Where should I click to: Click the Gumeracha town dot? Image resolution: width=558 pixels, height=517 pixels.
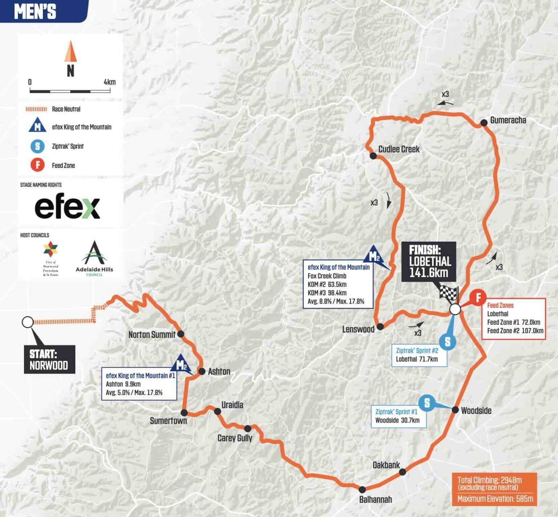click(x=484, y=123)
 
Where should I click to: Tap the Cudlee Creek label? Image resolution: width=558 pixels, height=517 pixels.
click(x=399, y=149)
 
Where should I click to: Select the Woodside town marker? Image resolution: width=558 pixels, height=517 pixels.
click(x=455, y=410)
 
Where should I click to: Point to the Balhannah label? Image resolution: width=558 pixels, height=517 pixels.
click(x=375, y=500)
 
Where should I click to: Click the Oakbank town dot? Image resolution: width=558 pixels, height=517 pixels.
click(x=403, y=472)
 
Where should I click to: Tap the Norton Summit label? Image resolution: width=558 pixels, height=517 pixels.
click(x=152, y=335)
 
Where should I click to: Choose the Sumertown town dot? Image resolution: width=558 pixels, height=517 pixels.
click(x=184, y=413)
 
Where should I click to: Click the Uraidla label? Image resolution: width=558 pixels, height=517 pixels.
click(x=232, y=405)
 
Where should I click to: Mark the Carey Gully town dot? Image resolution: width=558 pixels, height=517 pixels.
click(x=247, y=429)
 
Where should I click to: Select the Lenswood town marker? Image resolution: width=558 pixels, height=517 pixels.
click(x=380, y=327)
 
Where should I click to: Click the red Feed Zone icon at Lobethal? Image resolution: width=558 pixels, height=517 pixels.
click(x=478, y=298)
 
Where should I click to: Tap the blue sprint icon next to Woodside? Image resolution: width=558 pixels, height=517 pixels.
click(x=427, y=403)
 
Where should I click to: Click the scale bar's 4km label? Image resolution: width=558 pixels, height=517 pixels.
click(x=109, y=82)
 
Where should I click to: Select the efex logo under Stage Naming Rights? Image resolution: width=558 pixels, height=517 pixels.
click(x=67, y=207)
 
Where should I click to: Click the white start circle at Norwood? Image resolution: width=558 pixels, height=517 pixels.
click(x=28, y=322)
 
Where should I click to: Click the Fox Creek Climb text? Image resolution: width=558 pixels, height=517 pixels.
click(x=327, y=276)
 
